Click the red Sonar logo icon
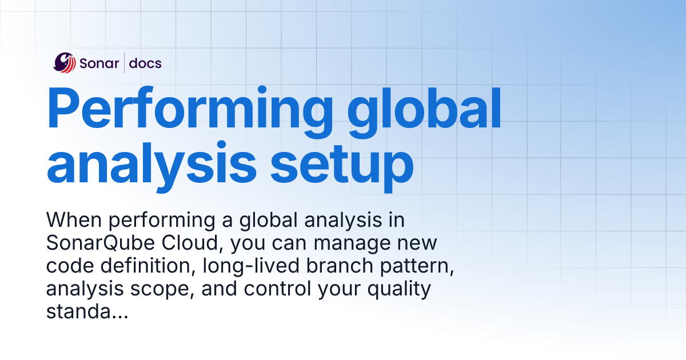[65, 63]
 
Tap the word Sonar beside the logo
[99, 63]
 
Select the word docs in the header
[145, 63]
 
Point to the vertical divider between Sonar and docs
[125, 63]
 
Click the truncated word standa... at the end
[86, 313]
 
